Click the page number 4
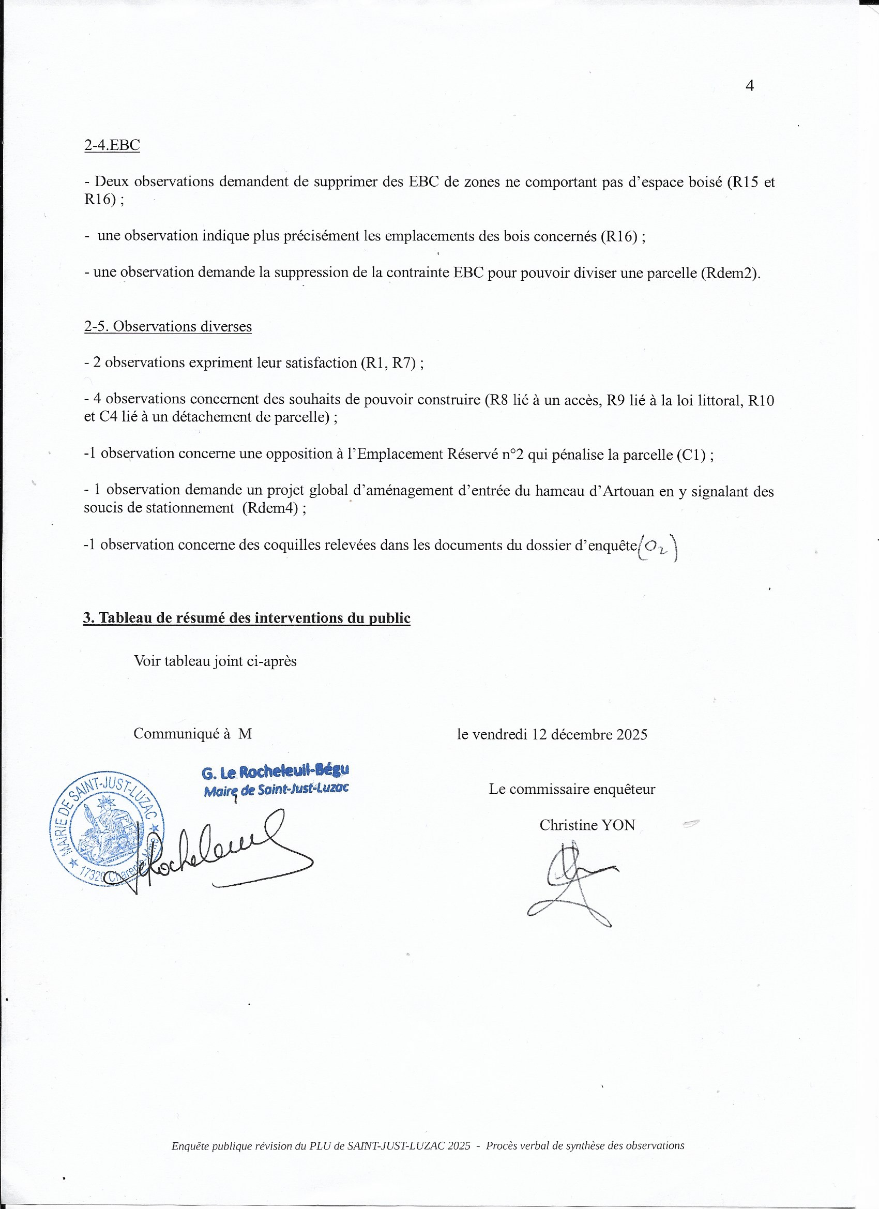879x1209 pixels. [749, 86]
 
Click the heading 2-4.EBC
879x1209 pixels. [112, 145]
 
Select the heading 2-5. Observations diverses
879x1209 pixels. [168, 326]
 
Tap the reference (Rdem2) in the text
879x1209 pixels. [729, 273]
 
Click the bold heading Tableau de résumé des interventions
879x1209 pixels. [246, 618]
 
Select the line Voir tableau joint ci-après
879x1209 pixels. [215, 661]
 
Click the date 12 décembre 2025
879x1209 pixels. [589, 735]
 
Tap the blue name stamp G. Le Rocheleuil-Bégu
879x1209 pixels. [275, 772]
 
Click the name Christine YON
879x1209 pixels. [587, 825]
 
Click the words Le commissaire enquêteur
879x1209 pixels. [572, 789]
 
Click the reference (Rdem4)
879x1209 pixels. [270, 508]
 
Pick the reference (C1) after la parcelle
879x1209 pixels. [691, 455]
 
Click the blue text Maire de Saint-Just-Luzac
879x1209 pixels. [276, 790]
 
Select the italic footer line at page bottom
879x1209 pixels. [428, 1145]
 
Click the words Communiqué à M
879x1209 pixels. [192, 734]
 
